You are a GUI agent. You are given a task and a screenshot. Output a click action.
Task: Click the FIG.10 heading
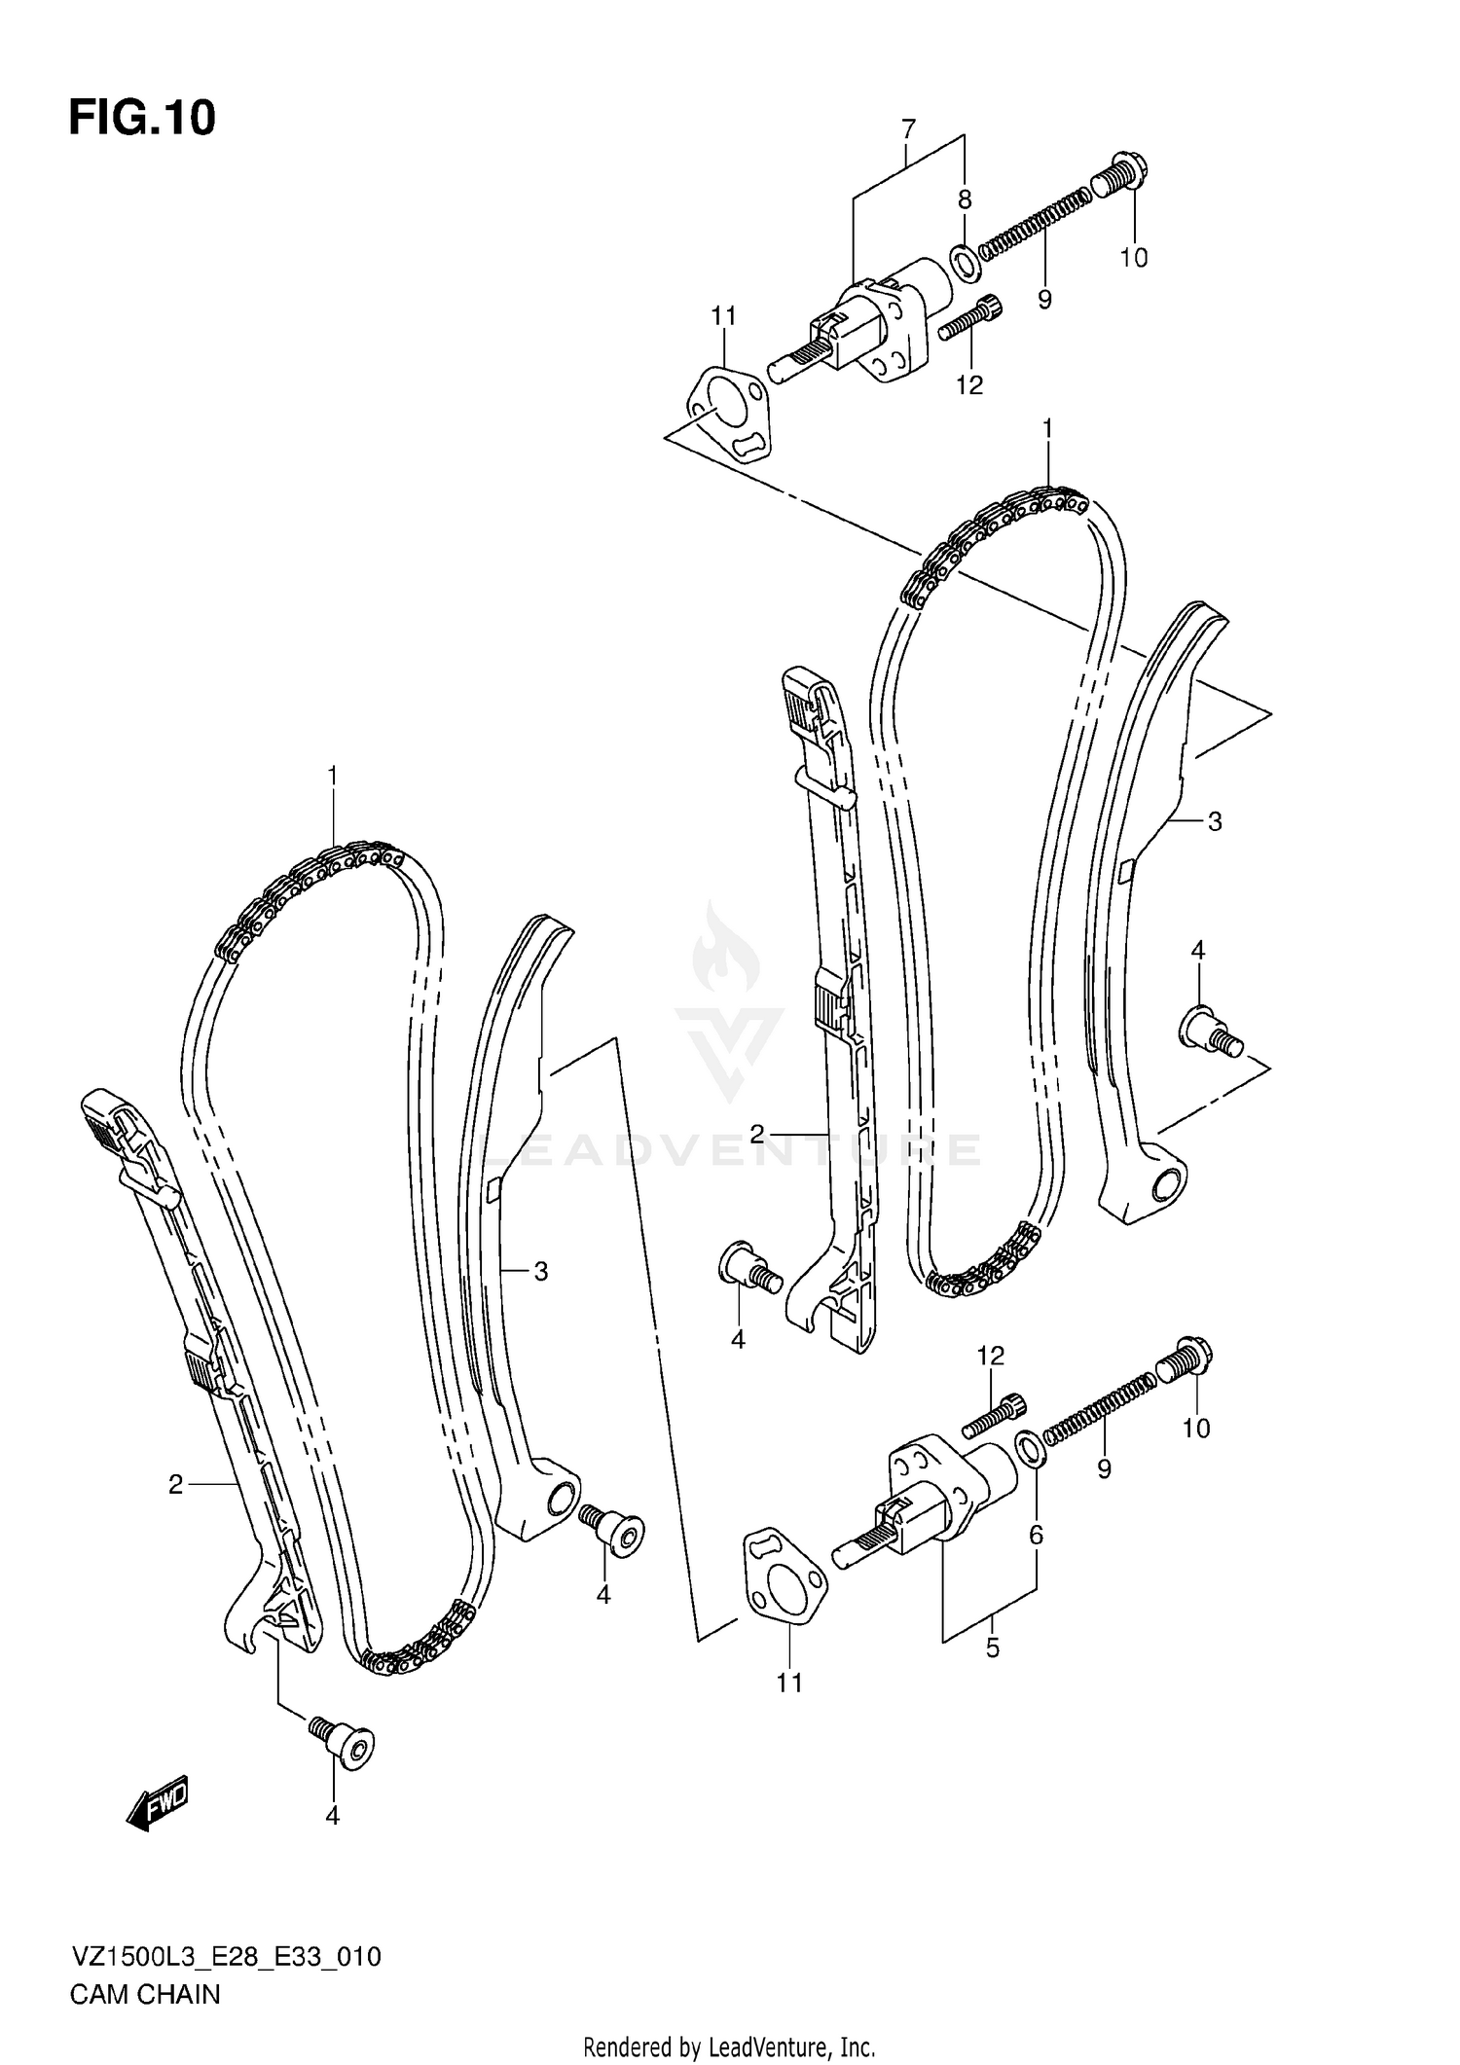coord(142,118)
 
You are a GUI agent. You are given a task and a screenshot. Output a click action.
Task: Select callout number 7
coord(908,128)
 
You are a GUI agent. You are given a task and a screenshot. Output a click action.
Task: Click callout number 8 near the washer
coord(965,200)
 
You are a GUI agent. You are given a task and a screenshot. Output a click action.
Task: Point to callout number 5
coord(992,1648)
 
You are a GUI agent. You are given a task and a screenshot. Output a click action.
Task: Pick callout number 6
coord(1036,1535)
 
